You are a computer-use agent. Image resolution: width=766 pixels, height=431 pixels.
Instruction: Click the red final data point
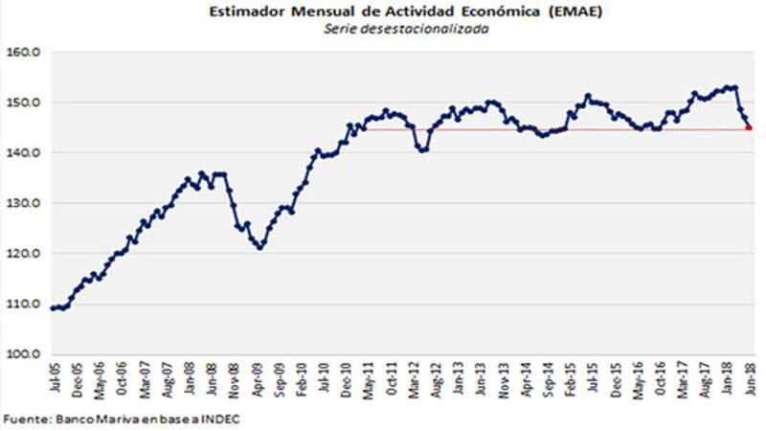(748, 128)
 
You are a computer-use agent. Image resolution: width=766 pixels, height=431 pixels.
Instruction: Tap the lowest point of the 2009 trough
(259, 247)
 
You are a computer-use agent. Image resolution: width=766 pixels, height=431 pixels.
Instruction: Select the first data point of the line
(52, 307)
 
